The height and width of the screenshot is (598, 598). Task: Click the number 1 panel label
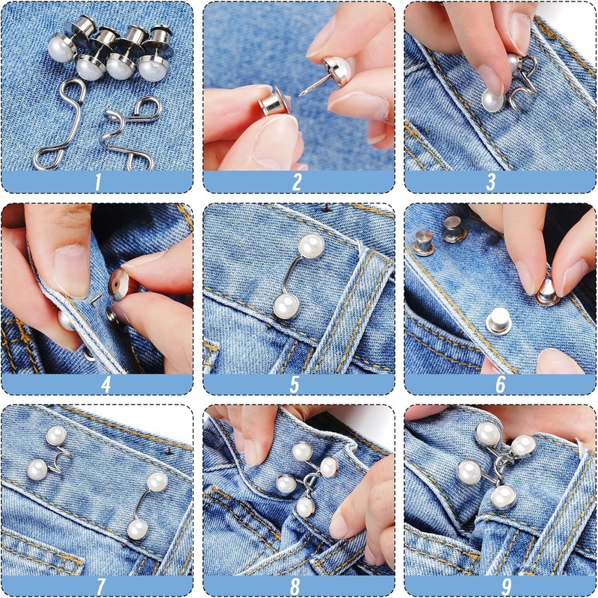(x=97, y=182)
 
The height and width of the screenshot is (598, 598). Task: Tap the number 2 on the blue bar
(x=297, y=182)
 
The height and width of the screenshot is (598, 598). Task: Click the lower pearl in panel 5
(x=286, y=305)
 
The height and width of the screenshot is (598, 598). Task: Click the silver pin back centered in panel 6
(x=497, y=321)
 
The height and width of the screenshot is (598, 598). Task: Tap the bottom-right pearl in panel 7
(x=137, y=529)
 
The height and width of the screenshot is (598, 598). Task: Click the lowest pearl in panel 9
(x=504, y=496)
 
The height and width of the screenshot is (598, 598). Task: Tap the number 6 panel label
(x=499, y=384)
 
